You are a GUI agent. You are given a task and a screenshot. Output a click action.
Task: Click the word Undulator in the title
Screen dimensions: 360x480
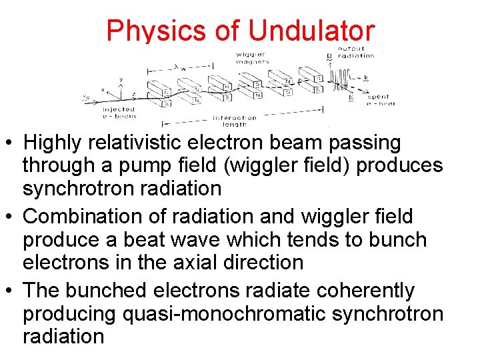pyautogui.click(x=311, y=31)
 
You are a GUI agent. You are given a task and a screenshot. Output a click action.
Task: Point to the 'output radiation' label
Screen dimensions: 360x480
pyautogui.click(x=356, y=52)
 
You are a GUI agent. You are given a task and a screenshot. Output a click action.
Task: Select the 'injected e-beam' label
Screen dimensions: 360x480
pyautogui.click(x=119, y=112)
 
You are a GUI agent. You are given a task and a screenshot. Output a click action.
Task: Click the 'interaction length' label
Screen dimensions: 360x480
pyautogui.click(x=234, y=121)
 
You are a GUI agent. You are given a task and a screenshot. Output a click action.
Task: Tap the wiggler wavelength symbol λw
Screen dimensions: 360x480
pyautogui.click(x=177, y=67)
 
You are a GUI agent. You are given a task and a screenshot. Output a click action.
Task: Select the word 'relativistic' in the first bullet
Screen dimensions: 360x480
pyautogui.click(x=143, y=143)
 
